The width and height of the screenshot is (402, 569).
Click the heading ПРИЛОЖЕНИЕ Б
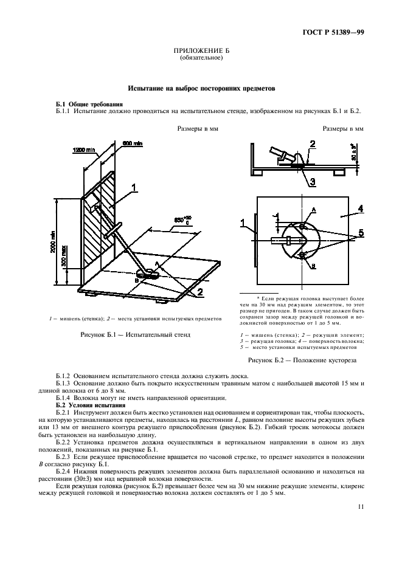pos(201,53)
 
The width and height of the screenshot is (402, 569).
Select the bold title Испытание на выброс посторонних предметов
pos(201,89)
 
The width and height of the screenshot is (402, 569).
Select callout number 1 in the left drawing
pos(136,187)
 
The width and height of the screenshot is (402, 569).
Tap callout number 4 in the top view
pos(360,209)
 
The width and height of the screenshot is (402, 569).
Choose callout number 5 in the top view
pos(361,232)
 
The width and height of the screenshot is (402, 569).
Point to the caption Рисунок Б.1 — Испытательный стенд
pos(136,335)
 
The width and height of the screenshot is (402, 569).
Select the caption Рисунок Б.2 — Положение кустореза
pos(301,360)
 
